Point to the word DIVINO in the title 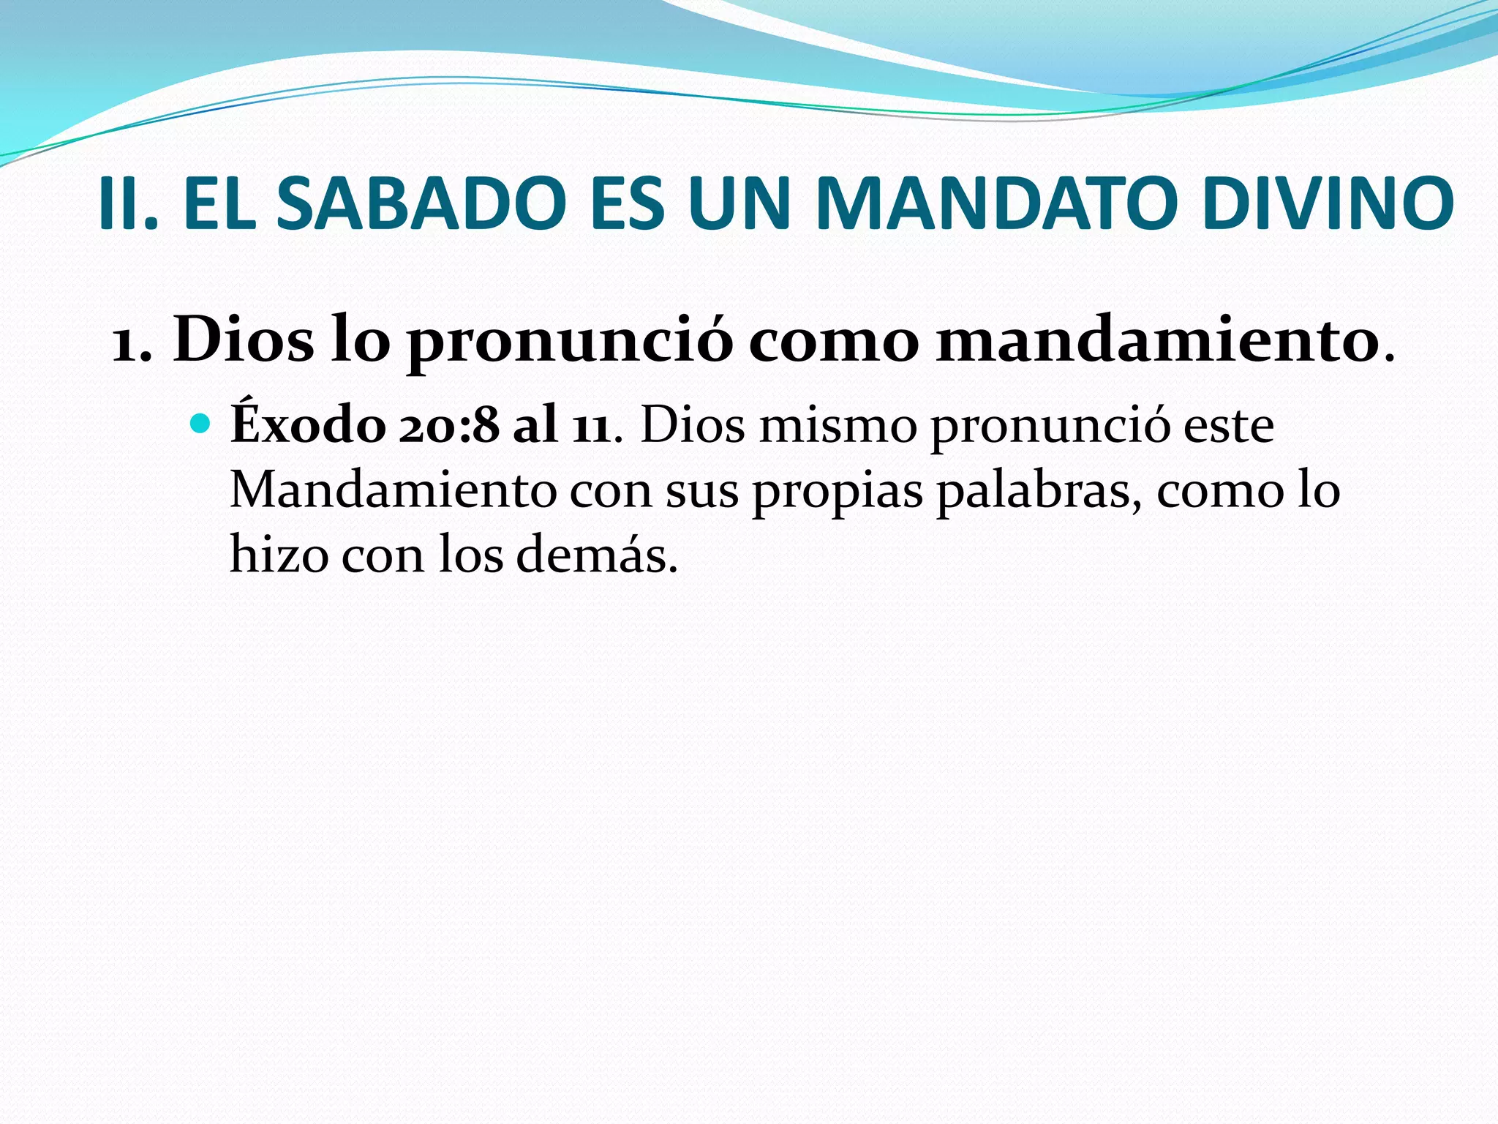[x=1328, y=203]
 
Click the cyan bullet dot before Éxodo [x=200, y=424]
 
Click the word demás [x=596, y=555]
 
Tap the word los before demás [x=471, y=554]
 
